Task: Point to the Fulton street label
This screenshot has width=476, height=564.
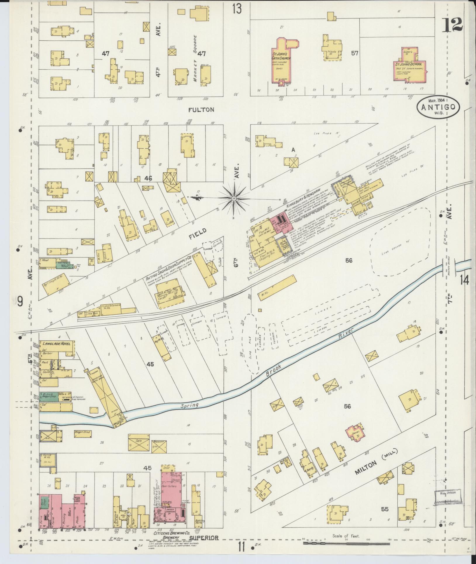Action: click(201, 110)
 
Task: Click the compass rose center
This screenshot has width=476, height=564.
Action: click(234, 198)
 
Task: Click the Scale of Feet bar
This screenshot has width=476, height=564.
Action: click(346, 543)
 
